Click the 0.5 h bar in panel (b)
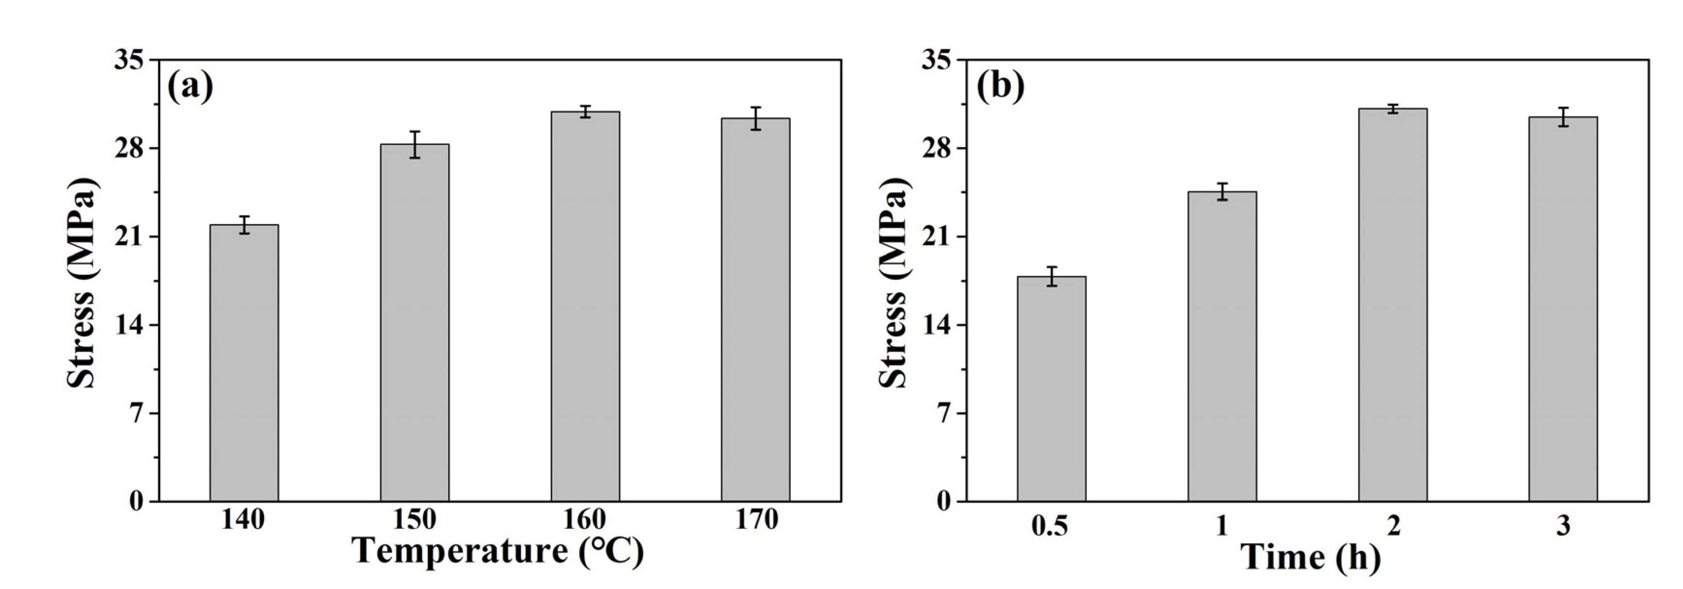[1051, 389]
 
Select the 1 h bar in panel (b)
[1222, 347]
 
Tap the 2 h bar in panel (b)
[1392, 305]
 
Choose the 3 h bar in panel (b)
[1563, 309]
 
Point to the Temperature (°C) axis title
[498, 552]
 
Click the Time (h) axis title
[1310, 557]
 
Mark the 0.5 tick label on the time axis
[1049, 525]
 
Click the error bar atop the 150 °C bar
[414, 144]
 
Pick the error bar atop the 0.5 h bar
[1051, 276]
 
